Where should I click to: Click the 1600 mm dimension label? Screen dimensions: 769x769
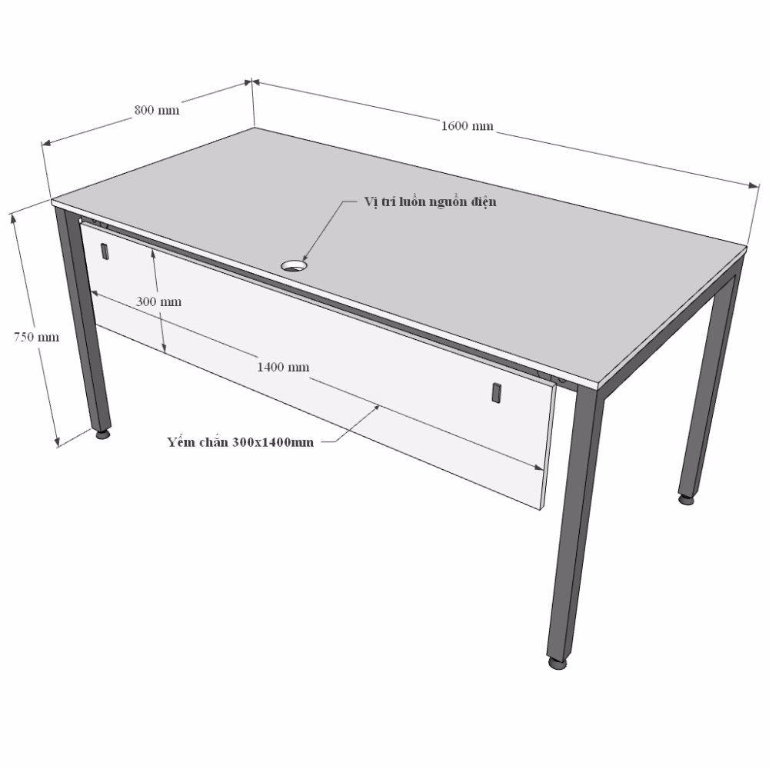pyautogui.click(x=468, y=126)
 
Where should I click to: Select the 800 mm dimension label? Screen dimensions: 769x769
pyautogui.click(x=157, y=110)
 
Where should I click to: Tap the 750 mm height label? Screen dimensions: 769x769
pyautogui.click(x=36, y=337)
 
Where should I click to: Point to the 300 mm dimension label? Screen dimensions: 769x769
pyautogui.click(x=158, y=301)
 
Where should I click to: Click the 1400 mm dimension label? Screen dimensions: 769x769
pyautogui.click(x=284, y=367)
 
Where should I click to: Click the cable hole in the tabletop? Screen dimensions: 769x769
pyautogui.click(x=295, y=266)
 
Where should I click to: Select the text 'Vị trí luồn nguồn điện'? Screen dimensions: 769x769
pyautogui.click(x=430, y=202)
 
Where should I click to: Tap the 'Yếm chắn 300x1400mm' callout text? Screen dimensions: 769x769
pyautogui.click(x=240, y=442)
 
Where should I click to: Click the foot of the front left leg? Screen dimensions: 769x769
pyautogui.click(x=102, y=434)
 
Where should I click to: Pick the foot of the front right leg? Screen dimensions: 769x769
pyautogui.click(x=557, y=664)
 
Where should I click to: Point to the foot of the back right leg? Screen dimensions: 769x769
pyautogui.click(x=686, y=500)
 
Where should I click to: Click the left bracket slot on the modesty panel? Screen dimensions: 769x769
pyautogui.click(x=105, y=251)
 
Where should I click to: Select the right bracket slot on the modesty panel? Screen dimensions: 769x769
pyautogui.click(x=496, y=392)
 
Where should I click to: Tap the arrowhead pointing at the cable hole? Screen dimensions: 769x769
pyautogui.click(x=304, y=258)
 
